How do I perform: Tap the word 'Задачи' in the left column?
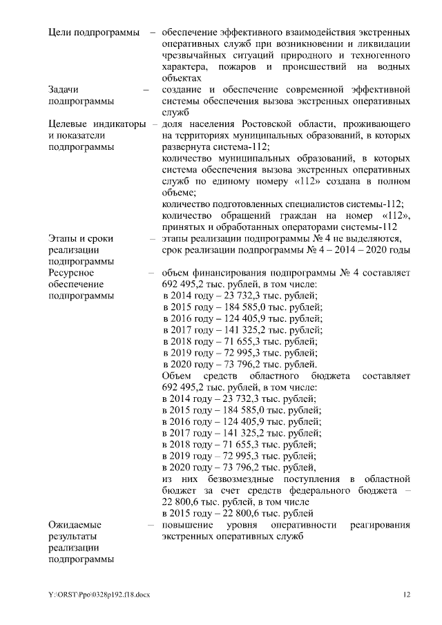(x=64, y=90)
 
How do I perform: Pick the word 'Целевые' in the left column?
(x=68, y=124)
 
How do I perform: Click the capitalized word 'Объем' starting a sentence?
(x=175, y=376)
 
